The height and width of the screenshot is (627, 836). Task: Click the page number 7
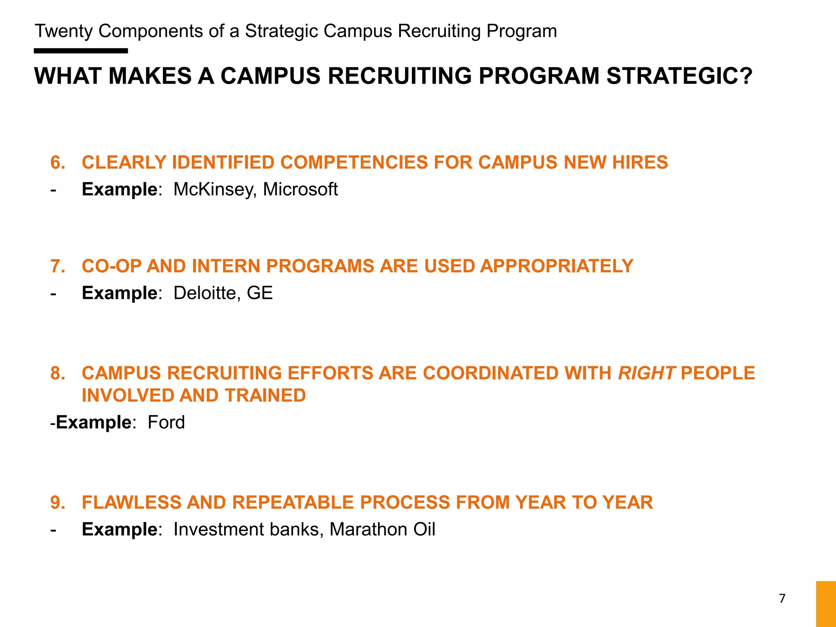[x=782, y=598]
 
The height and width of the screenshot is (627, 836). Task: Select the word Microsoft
[x=300, y=189]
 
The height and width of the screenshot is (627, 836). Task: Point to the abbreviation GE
[x=260, y=293]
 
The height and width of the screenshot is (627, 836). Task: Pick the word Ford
[x=166, y=422]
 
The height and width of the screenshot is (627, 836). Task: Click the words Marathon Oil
[x=382, y=529]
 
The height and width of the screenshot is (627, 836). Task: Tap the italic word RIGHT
[x=647, y=373]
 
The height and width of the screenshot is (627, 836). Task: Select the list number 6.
[x=58, y=162]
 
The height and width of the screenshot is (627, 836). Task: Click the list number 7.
[x=58, y=266]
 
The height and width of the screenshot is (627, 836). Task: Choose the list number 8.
[x=58, y=373]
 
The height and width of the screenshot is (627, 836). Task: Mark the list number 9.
[x=58, y=502]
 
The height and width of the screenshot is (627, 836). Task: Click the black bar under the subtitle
[x=81, y=51]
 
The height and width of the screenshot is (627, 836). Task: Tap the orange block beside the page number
[x=826, y=604]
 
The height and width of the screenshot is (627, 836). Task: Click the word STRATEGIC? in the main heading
[x=679, y=76]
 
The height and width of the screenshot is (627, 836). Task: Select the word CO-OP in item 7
[x=111, y=266]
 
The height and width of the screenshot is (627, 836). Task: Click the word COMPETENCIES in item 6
[x=354, y=162]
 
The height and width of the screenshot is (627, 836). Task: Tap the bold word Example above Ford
[x=93, y=422]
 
